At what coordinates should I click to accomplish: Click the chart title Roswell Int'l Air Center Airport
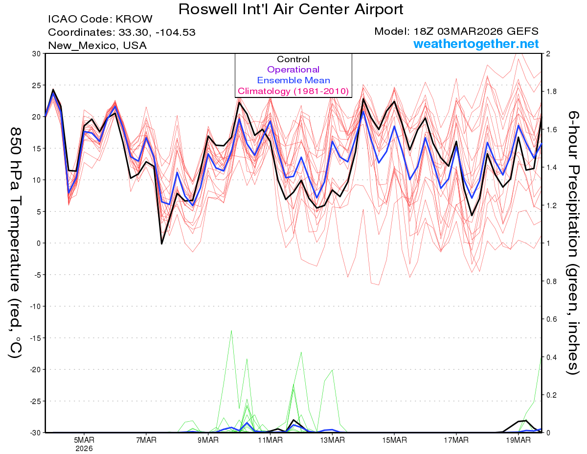click(291, 9)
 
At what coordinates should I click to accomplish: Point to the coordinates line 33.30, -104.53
click(157, 33)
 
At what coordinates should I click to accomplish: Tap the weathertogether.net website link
click(476, 44)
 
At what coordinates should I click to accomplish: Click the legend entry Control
click(293, 59)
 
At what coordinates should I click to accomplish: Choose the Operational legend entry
click(293, 70)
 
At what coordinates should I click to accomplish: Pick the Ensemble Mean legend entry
click(293, 80)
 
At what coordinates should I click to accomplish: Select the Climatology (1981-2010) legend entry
click(293, 91)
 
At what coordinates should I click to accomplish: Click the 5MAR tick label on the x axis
click(84, 439)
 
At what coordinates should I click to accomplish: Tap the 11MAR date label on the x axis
click(270, 439)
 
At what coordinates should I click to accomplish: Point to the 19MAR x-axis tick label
click(518, 439)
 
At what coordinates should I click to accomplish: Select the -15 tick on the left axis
click(34, 338)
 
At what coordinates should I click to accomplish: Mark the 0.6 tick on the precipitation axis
click(551, 319)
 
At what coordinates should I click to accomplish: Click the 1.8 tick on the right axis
click(551, 92)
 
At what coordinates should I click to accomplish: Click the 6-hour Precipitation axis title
click(573, 242)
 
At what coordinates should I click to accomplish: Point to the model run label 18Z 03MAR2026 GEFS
click(456, 31)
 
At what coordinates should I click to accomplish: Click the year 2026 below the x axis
click(84, 448)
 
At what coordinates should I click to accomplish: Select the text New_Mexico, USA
click(97, 46)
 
